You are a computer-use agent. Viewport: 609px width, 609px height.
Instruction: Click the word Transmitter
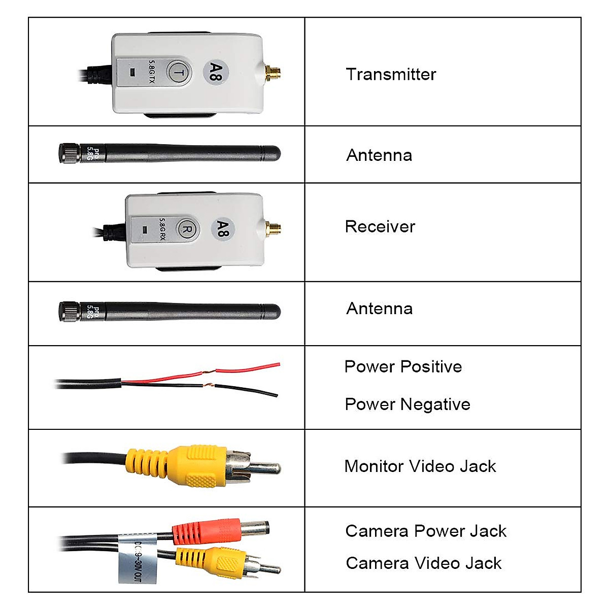[391, 75]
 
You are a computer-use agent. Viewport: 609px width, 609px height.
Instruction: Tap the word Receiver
[380, 227]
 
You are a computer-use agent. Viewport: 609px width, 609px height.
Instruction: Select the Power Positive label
[403, 367]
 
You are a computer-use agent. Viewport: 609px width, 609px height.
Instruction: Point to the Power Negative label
[407, 404]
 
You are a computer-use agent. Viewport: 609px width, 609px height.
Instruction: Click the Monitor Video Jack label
[420, 466]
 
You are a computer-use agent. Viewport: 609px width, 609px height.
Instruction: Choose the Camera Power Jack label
[425, 531]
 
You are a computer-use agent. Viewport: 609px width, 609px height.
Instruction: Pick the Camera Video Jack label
[423, 563]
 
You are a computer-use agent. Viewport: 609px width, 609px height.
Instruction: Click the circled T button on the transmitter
[178, 73]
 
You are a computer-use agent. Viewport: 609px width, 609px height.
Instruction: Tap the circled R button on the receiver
[186, 229]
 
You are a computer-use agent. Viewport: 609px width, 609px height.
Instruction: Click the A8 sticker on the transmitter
[216, 72]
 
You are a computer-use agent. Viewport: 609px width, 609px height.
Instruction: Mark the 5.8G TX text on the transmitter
[152, 72]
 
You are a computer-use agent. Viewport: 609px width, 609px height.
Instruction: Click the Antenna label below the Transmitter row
[379, 155]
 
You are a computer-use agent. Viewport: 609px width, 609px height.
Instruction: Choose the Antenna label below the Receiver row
[379, 309]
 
